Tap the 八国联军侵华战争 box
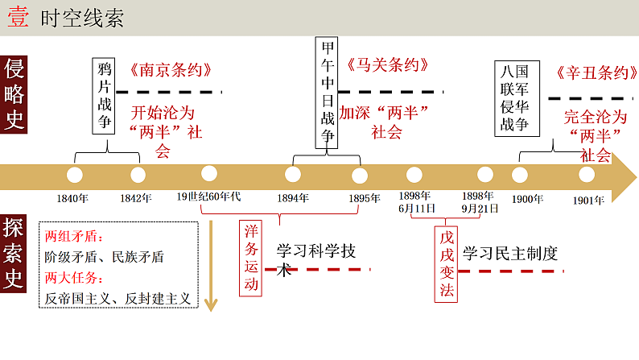point(516,99)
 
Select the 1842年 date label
point(136,198)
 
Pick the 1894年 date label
point(292,198)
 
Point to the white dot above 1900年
point(520,174)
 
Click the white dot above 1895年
point(359,174)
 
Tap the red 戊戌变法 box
point(447,263)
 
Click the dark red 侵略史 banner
point(15,95)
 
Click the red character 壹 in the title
point(19,19)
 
